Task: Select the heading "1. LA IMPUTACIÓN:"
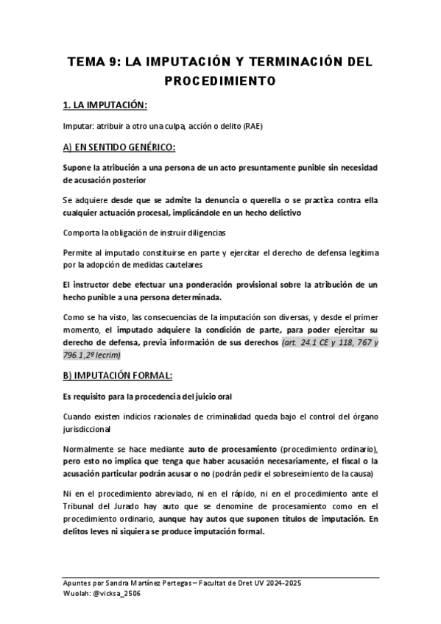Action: (106, 104)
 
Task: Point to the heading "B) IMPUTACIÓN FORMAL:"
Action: (118, 375)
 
